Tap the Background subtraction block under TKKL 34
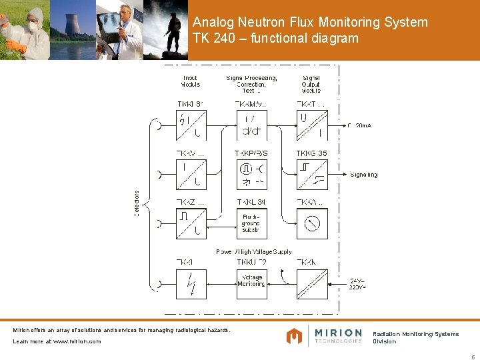pyautogui.click(x=251, y=223)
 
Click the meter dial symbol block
pyautogui.click(x=311, y=223)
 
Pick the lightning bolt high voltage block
pyautogui.click(x=191, y=282)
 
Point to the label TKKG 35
pyautogui.click(x=311, y=153)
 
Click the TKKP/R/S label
pyautogui.click(x=251, y=153)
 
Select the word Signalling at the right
pyautogui.click(x=363, y=175)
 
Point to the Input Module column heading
pyautogui.click(x=191, y=81)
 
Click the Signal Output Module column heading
pyautogui.click(x=311, y=84)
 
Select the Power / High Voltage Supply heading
pyautogui.click(x=253, y=251)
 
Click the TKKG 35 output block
pyautogui.click(x=311, y=175)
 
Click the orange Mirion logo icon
pyautogui.click(x=294, y=336)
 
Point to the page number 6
pyautogui.click(x=473, y=355)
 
